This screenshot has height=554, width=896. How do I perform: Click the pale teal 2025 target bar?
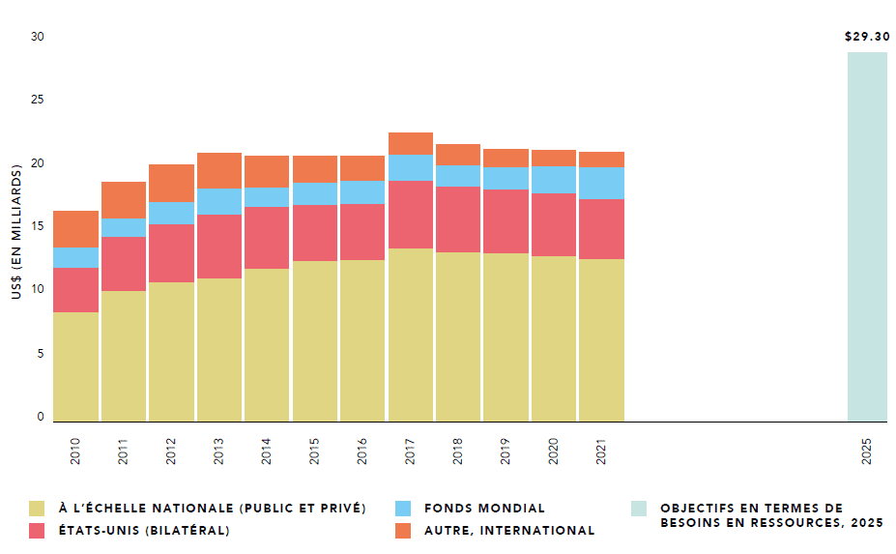coord(867,237)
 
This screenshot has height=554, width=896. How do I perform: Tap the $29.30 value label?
coord(867,37)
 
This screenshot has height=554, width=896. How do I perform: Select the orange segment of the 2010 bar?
coord(76,229)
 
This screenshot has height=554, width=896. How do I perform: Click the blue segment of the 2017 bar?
coord(410,168)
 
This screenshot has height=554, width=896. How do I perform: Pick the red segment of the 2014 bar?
coord(267,238)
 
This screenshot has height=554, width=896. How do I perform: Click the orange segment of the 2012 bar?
coord(171,184)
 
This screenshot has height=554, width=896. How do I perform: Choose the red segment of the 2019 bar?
coord(506,221)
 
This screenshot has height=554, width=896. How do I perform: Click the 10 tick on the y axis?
coord(38,290)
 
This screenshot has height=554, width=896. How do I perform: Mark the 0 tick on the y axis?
coord(41,417)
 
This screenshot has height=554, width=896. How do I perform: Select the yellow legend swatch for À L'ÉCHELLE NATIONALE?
coord(37,509)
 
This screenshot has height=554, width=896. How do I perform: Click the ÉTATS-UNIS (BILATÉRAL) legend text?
coord(144,530)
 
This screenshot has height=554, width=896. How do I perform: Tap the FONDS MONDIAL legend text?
coord(484,509)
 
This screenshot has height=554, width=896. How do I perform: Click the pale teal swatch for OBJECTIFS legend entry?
coord(639,509)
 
